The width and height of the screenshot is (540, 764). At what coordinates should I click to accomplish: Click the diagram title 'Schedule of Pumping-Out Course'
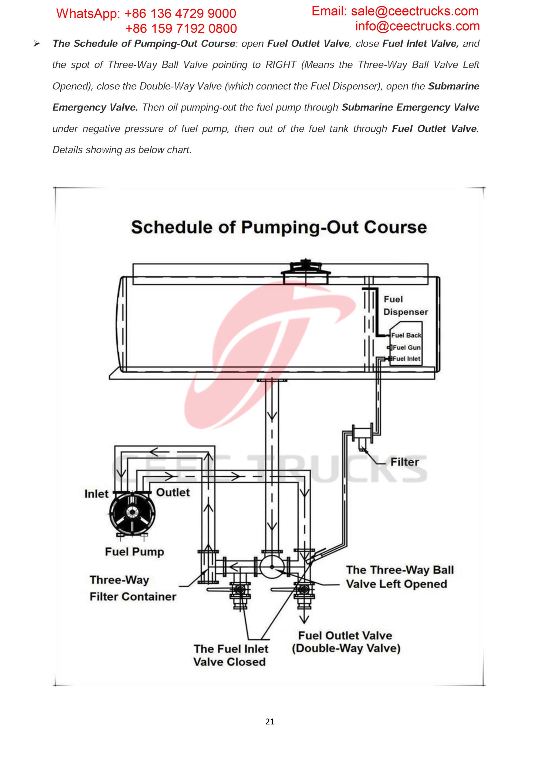(279, 227)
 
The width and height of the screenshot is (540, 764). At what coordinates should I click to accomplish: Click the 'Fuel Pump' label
(134, 552)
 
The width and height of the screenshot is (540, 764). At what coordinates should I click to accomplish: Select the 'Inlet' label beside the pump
(96, 494)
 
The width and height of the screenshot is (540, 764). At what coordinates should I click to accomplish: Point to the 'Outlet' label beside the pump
(173, 492)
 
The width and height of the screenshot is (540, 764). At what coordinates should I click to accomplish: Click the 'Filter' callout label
(404, 462)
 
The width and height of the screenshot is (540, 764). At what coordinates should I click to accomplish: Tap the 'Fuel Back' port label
(406, 335)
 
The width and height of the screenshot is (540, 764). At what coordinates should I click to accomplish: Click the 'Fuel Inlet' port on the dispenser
(406, 359)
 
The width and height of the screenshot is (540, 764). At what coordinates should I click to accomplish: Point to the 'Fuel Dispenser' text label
(405, 305)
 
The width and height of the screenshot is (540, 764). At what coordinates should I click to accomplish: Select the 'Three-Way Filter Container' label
(132, 588)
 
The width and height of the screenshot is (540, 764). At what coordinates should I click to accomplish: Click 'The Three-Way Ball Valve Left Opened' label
(399, 577)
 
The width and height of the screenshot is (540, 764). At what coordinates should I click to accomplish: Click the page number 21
(270, 721)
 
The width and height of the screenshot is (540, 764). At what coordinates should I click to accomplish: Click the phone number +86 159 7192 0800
(181, 29)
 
